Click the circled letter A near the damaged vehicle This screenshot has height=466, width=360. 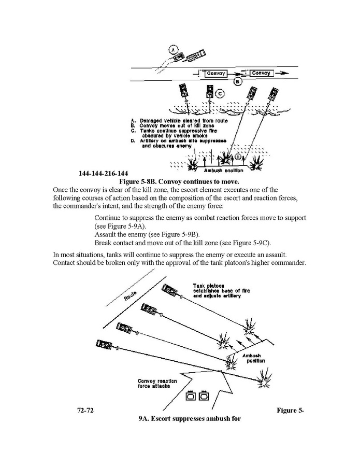[175, 50]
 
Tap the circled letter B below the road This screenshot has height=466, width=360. [238, 82]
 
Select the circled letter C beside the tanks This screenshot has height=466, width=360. [220, 93]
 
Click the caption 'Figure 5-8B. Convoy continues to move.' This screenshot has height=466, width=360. [179, 181]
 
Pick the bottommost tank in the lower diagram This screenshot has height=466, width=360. [104, 344]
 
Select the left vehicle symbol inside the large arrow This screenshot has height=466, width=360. [190, 397]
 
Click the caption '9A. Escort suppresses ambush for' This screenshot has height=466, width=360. [190, 418]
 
